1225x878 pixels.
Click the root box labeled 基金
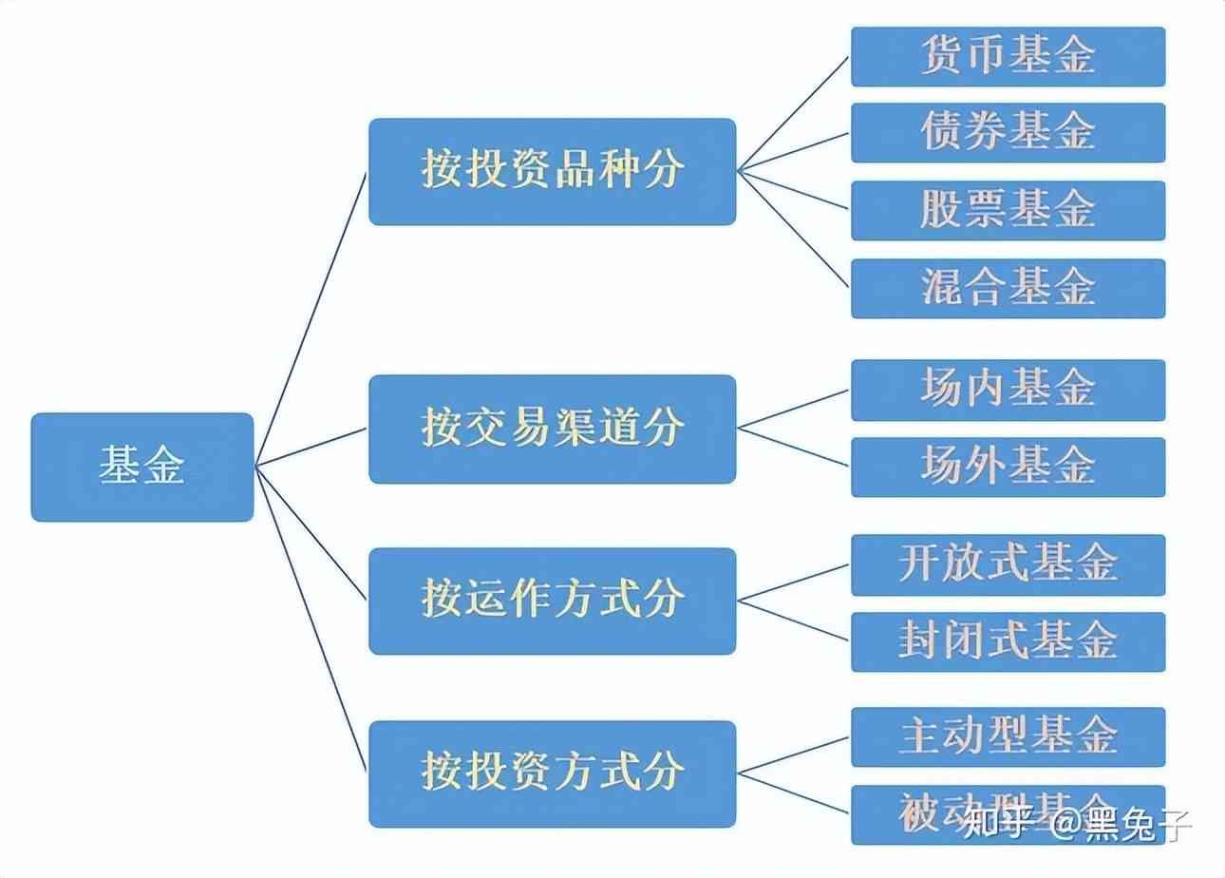(x=142, y=467)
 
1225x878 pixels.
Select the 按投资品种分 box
(x=552, y=172)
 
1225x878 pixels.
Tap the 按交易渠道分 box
(x=552, y=429)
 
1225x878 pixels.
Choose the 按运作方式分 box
(x=552, y=601)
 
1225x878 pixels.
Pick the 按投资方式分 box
(x=552, y=773)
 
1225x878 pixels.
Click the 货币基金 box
(x=1008, y=57)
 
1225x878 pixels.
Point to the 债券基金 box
(x=1008, y=133)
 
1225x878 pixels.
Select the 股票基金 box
(x=1008, y=210)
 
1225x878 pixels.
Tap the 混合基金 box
(x=1008, y=288)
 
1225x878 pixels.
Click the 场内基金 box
(x=1008, y=390)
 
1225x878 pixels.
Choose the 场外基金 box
(x=1008, y=467)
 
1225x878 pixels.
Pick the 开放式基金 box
(x=1008, y=564)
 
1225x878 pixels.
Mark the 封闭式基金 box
(x=1008, y=641)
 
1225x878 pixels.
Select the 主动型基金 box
(x=1008, y=736)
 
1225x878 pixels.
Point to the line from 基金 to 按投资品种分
(x=311, y=318)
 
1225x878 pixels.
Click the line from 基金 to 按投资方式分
(x=311, y=618)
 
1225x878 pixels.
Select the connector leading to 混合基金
(x=793, y=228)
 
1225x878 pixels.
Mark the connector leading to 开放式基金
(x=793, y=582)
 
